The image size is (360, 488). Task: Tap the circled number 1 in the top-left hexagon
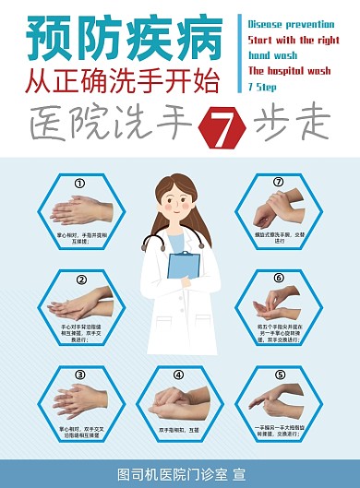click(x=79, y=183)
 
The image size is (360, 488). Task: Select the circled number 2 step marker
click(x=80, y=280)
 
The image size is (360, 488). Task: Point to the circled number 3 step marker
click(x=80, y=375)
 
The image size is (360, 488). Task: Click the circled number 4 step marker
click(x=179, y=374)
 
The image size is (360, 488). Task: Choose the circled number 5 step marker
click(x=279, y=374)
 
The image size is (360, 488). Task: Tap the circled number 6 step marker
click(x=278, y=278)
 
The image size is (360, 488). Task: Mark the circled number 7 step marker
click(x=278, y=182)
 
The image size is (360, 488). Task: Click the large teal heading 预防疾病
click(x=125, y=37)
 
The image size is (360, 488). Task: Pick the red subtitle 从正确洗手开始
click(x=124, y=82)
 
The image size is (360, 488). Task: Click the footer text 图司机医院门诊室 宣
click(x=180, y=474)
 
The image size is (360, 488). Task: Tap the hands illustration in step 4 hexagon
click(x=178, y=401)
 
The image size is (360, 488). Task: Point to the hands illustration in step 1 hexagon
click(x=80, y=210)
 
